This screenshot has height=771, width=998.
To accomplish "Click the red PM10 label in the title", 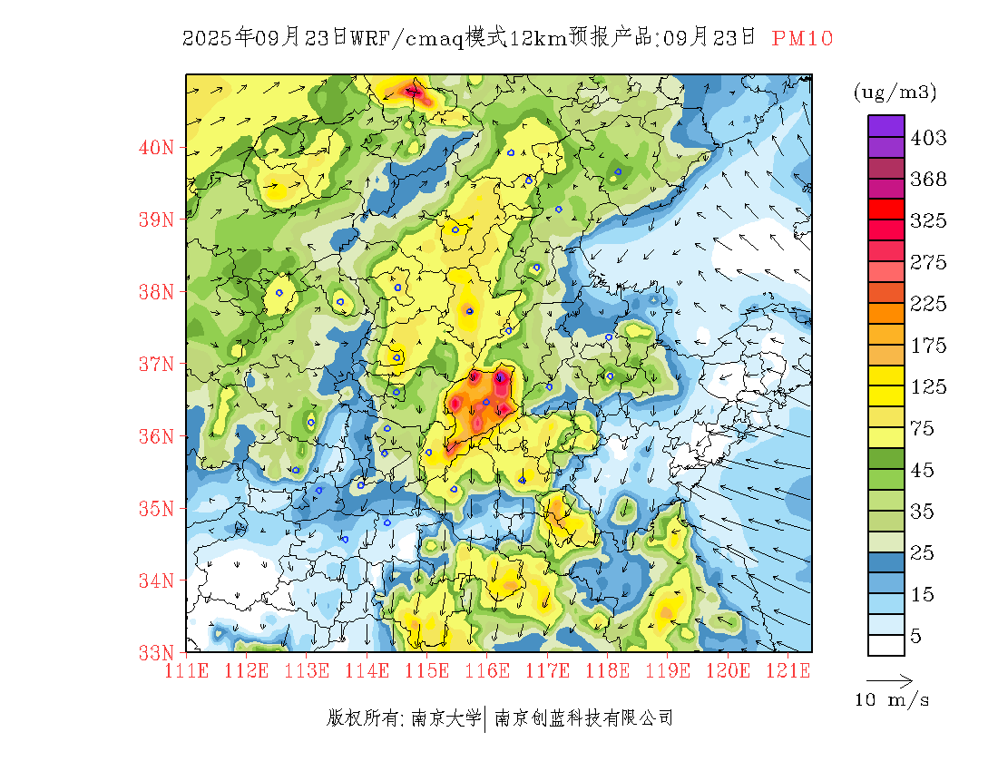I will (802, 38).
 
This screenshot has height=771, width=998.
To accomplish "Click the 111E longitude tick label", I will (187, 671).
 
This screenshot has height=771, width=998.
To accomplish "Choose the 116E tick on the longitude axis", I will (486, 671).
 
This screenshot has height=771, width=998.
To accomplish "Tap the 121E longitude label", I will (788, 671).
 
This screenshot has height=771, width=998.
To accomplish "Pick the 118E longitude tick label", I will (607, 671).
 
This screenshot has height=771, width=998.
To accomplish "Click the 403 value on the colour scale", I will (928, 138).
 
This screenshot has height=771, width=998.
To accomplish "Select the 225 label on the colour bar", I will (928, 304).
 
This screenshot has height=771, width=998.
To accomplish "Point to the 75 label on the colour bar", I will (923, 428).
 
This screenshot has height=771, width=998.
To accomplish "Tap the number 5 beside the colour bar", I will (916, 636).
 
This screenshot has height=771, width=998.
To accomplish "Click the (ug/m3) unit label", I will (895, 93).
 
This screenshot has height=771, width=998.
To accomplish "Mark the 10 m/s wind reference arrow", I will (889, 680).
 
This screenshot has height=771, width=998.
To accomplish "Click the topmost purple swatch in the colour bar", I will (886, 125).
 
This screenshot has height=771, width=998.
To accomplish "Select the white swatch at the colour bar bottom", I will (886, 645).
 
